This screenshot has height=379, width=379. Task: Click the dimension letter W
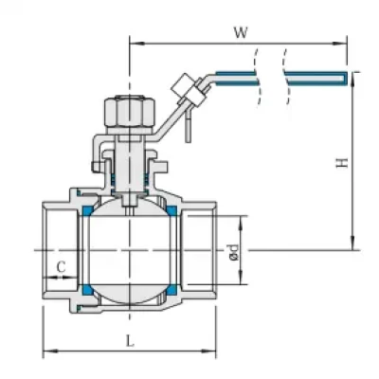[x=241, y=32]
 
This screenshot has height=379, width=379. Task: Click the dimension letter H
[x=342, y=162]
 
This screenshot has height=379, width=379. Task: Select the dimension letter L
[x=130, y=341]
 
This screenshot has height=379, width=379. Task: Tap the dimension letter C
[x=61, y=267]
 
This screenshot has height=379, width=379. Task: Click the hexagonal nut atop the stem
[x=130, y=112]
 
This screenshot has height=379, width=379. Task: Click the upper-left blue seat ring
[x=87, y=210]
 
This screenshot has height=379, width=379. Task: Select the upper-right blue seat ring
[x=171, y=210]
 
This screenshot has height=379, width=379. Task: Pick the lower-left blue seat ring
[x=87, y=289]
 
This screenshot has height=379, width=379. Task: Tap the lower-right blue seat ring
[x=171, y=289]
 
